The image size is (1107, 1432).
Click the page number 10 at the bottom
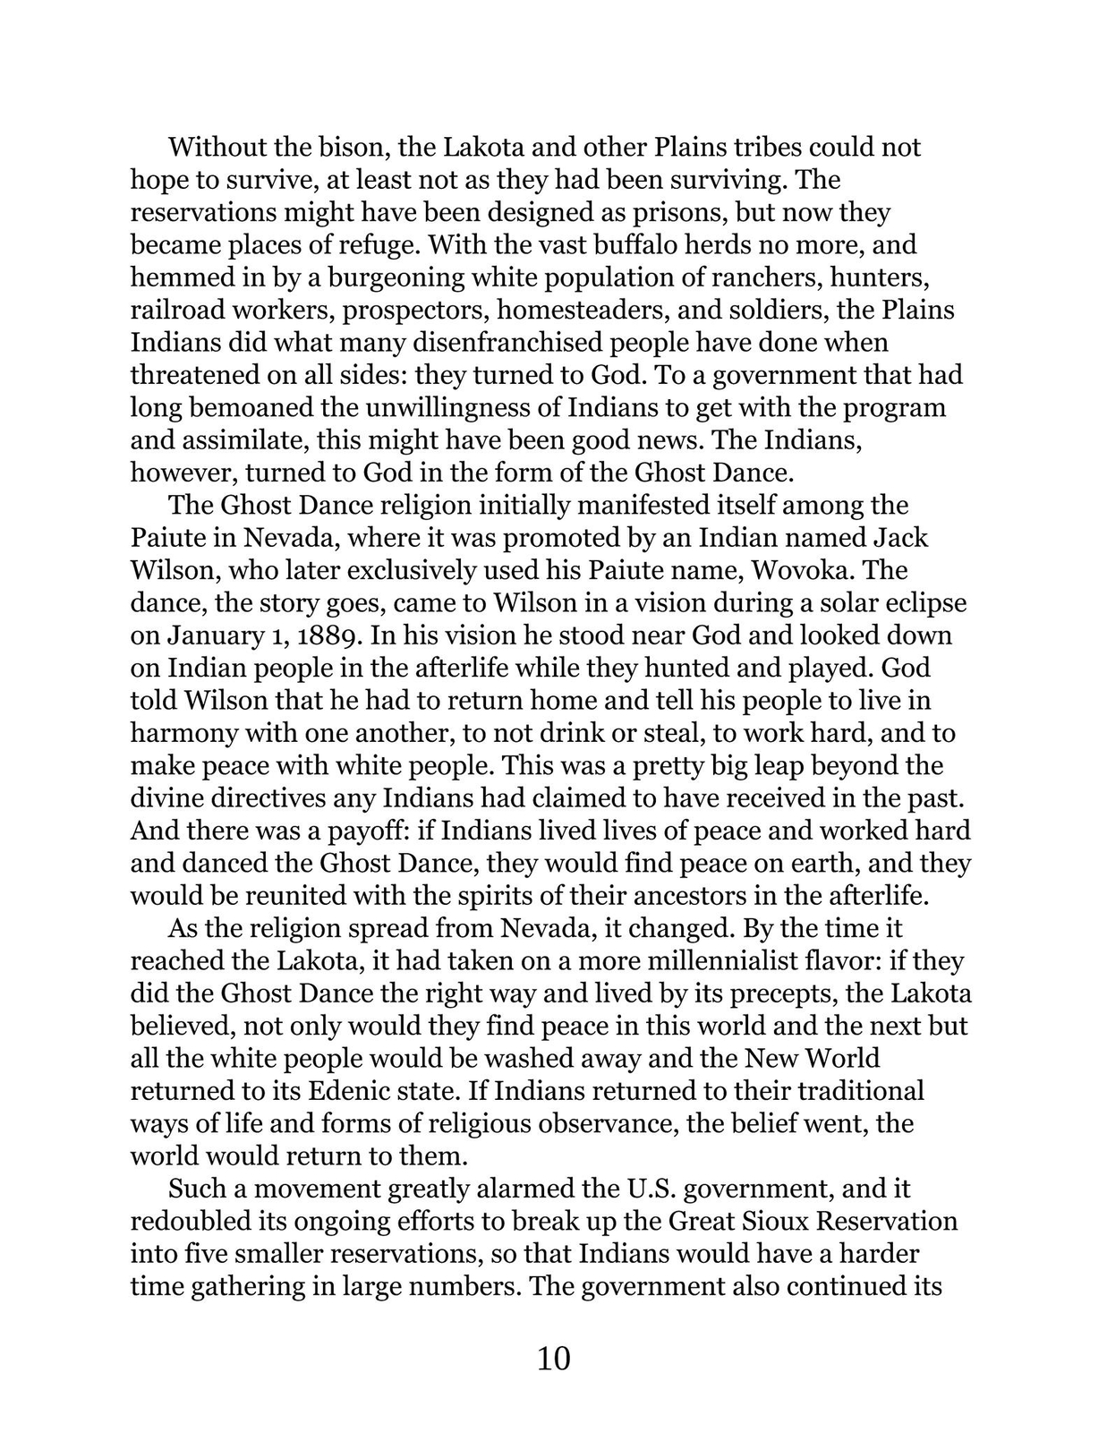coord(553,1359)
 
